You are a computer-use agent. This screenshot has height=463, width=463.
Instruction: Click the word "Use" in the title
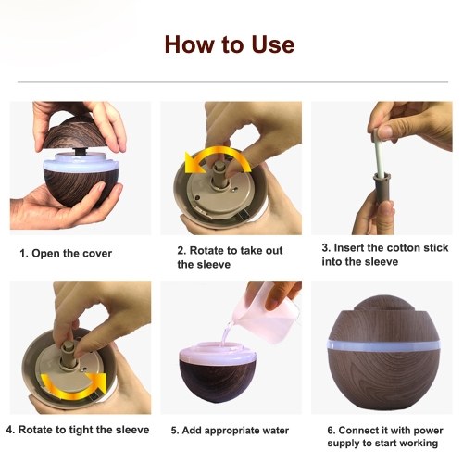pos(272,44)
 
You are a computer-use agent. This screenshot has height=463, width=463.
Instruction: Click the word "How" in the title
pos(189,44)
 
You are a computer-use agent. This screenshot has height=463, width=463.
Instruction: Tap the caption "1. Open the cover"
pos(66,254)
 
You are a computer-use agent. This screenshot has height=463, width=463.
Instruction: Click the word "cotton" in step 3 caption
pos(404,248)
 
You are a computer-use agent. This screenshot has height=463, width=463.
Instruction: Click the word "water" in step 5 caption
pos(273,431)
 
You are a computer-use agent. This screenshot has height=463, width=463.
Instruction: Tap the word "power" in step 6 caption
pos(429,431)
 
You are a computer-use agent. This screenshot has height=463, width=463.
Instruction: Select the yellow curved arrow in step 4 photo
pos(72,391)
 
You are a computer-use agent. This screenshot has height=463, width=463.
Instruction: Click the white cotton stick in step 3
pos(379,155)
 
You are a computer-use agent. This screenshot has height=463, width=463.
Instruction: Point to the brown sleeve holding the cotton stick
pos(382,188)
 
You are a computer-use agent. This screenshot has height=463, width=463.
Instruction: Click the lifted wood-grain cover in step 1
pos(74,134)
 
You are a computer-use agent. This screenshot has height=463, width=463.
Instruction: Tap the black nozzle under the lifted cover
pos(81,151)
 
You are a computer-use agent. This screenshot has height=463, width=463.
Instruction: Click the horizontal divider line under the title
pos(232,82)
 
